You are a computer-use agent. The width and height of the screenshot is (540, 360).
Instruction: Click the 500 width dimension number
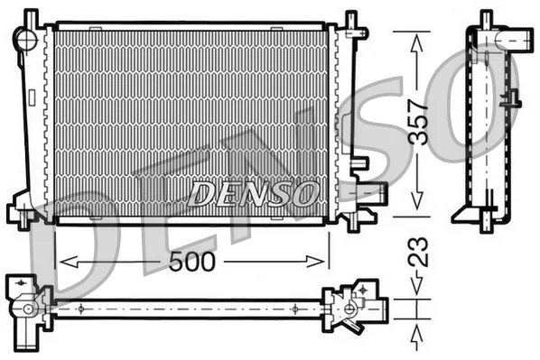[x=192, y=262]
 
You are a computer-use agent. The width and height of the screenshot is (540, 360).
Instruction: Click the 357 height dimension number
[x=417, y=122]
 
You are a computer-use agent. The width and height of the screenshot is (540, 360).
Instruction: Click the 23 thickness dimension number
[x=418, y=253]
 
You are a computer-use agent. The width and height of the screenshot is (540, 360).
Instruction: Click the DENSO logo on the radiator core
[x=253, y=194]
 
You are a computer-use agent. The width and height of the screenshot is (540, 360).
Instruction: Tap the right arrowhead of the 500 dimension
[x=315, y=262]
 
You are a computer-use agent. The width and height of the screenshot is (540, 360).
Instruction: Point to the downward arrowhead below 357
[x=417, y=199]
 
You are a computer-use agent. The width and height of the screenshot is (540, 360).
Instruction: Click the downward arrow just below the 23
[x=416, y=283]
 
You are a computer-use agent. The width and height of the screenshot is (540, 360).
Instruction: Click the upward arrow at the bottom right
[x=416, y=338]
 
